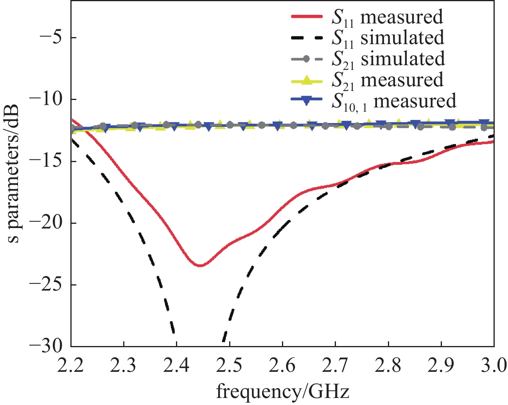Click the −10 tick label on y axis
click(47, 100)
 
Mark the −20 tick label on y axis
click(47, 223)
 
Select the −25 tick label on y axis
click(47, 285)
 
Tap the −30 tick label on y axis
click(47, 346)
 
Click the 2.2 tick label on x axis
click(71, 366)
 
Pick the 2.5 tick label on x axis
click(230, 366)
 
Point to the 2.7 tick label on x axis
click(335, 366)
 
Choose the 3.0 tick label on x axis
click(494, 366)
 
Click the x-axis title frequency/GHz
click(282, 392)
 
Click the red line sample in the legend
click(307, 17)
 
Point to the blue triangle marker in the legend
click(307, 101)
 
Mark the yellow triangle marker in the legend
click(307, 80)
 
